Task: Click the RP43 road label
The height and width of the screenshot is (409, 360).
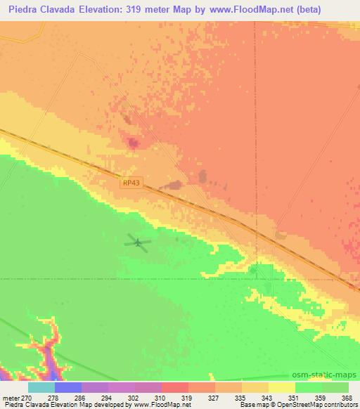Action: pyautogui.click(x=131, y=183)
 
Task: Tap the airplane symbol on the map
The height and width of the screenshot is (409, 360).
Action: pyautogui.click(x=139, y=244)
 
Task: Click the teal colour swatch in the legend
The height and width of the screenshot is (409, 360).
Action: pyautogui.click(x=41, y=387)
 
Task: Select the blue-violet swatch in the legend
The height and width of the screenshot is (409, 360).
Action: pyautogui.click(x=68, y=387)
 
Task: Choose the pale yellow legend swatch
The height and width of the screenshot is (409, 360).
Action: pyautogui.click(x=282, y=387)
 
